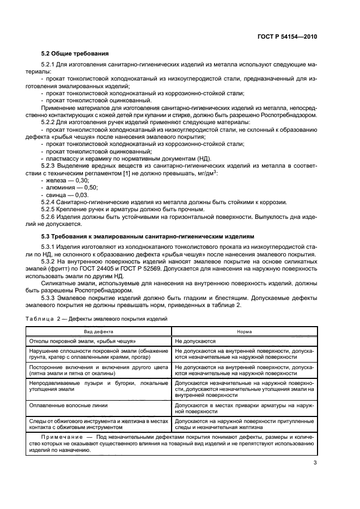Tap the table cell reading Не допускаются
point(196,341)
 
